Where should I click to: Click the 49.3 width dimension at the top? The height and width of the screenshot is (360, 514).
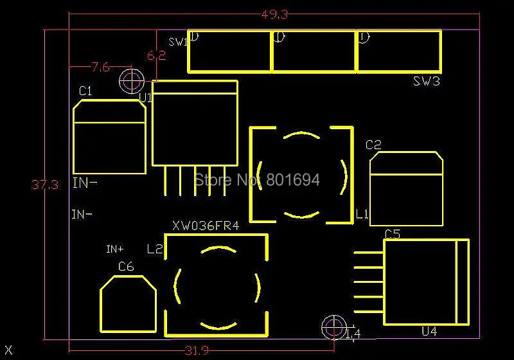click(x=274, y=14)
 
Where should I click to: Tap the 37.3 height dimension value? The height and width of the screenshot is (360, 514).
click(x=45, y=185)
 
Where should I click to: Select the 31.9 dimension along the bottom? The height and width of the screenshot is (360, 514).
click(x=197, y=350)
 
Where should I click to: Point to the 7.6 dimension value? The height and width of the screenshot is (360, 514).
click(x=101, y=66)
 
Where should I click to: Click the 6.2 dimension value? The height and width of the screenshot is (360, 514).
click(x=156, y=56)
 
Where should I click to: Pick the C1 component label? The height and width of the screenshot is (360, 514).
click(x=85, y=91)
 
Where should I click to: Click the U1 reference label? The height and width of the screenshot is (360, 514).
click(x=145, y=98)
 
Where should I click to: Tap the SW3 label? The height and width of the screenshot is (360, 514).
click(x=426, y=82)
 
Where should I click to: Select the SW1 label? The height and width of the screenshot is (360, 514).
click(x=177, y=42)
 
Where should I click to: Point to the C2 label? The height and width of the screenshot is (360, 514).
click(x=373, y=145)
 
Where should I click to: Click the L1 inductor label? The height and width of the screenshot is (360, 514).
click(x=362, y=213)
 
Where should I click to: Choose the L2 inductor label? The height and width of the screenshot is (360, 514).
click(x=154, y=249)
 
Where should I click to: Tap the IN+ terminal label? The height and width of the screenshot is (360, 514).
click(x=115, y=249)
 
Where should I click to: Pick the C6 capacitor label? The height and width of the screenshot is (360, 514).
click(x=126, y=266)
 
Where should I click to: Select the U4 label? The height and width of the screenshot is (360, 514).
click(x=429, y=332)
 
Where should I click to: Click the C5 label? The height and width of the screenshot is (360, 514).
click(x=392, y=234)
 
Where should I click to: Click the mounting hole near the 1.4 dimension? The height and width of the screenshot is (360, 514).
click(x=333, y=327)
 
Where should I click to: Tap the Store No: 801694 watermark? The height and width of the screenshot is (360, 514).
click(x=256, y=180)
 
